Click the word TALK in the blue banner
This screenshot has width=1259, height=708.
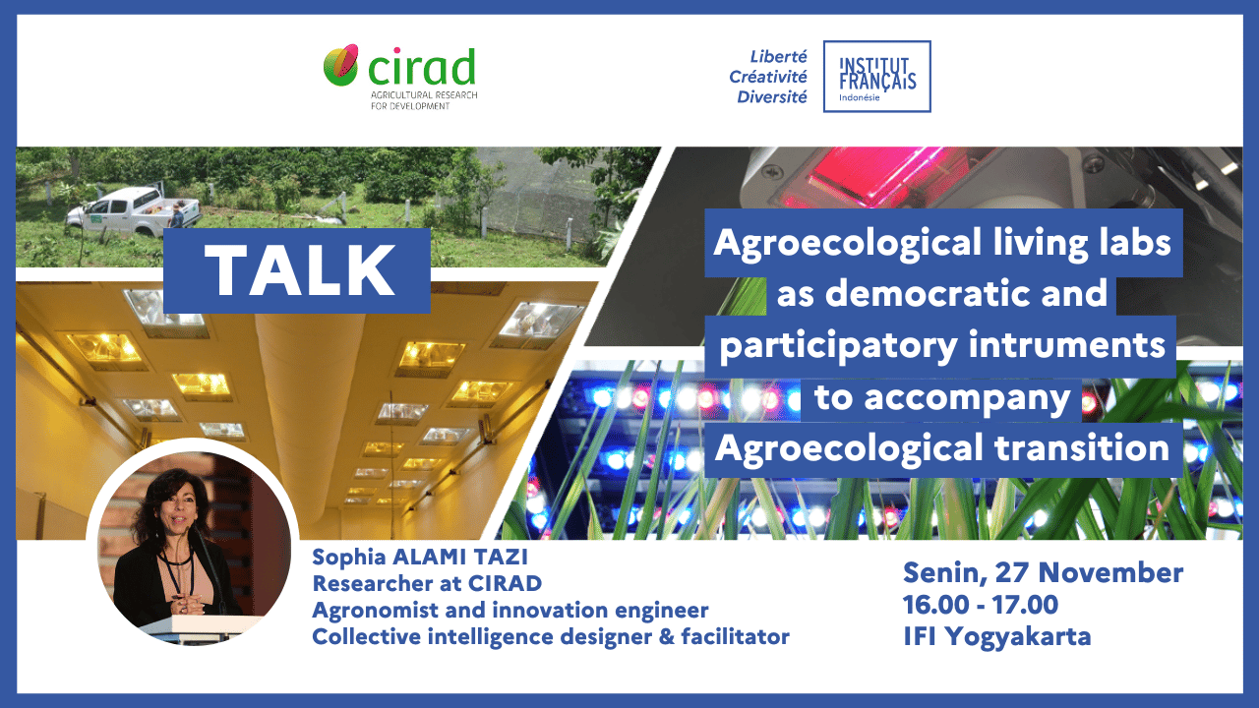click(299, 270)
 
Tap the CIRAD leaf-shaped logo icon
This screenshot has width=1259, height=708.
click(340, 65)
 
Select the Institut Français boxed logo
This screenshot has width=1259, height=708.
click(876, 77)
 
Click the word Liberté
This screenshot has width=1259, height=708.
click(778, 57)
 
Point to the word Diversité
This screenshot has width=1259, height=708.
click(772, 97)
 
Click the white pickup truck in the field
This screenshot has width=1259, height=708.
click(133, 211)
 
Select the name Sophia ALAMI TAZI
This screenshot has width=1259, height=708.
click(420, 557)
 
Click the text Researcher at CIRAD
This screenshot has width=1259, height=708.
click(427, 584)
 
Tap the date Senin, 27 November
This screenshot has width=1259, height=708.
click(1043, 573)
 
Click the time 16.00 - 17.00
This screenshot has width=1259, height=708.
click(981, 605)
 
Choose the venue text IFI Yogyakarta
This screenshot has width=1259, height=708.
click(997, 636)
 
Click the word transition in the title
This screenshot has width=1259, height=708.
click(1081, 448)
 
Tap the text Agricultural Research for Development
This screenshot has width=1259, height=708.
click(424, 100)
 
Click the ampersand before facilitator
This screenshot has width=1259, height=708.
click(666, 637)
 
